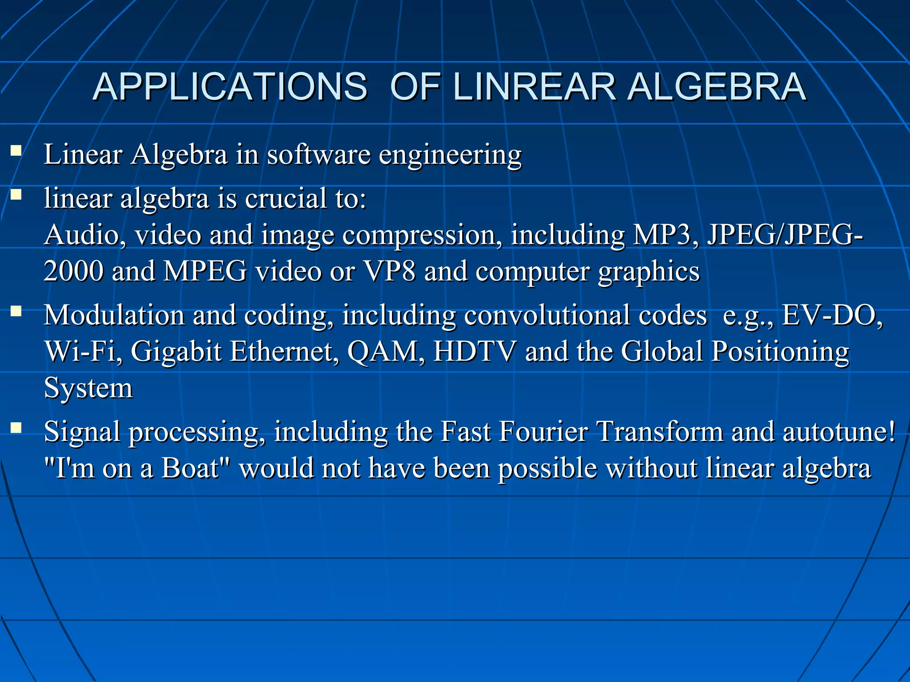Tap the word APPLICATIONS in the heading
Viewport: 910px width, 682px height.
point(230,87)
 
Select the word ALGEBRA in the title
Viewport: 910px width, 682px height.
point(717,87)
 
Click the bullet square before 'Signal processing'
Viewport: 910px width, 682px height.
point(16,428)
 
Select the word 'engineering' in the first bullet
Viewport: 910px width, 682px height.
point(450,155)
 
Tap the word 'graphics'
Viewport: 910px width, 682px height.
point(649,272)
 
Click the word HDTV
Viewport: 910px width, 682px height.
point(475,352)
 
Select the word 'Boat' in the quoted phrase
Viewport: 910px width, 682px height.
point(190,468)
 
